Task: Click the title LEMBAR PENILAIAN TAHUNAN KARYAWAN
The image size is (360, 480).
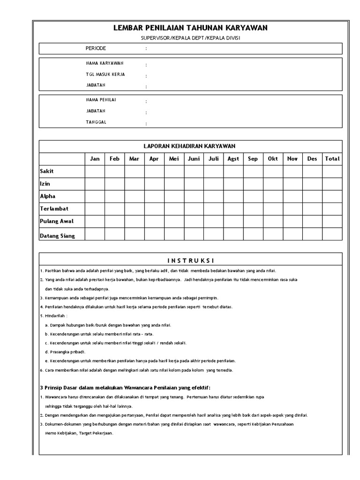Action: [x=190, y=28]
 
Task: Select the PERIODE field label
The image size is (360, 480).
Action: [x=96, y=48]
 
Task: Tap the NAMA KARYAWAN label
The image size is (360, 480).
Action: [x=105, y=63]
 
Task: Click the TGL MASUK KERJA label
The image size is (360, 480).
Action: [x=105, y=74]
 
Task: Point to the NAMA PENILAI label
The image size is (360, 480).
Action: [x=101, y=100]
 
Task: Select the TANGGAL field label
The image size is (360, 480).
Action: [x=96, y=122]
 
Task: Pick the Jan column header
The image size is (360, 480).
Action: [x=95, y=159]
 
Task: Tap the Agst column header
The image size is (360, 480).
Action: [x=233, y=159]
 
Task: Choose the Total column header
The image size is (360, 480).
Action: [x=332, y=159]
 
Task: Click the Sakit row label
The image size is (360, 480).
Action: [x=47, y=172]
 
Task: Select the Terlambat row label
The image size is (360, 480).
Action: [x=54, y=208]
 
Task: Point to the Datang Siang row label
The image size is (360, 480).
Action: [x=57, y=236]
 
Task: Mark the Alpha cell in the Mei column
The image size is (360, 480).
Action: [x=174, y=196]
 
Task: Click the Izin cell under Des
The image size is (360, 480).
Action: [x=312, y=184]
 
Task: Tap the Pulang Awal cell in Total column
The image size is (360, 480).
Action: [x=332, y=221]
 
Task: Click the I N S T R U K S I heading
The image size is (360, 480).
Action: [x=190, y=261]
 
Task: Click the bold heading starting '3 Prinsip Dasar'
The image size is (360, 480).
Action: [x=125, y=387]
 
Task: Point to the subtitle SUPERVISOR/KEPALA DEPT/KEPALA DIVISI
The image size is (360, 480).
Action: [x=190, y=38]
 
